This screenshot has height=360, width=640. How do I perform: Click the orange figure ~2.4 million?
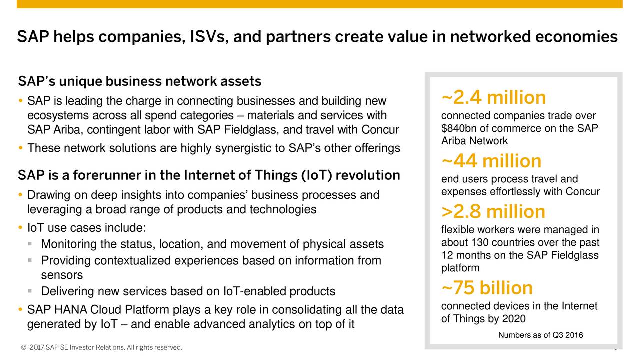[493, 97]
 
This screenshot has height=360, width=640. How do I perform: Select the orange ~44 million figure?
[491, 161]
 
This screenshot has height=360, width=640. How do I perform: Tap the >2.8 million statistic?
[493, 211]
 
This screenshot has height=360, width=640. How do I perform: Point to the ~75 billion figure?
[487, 287]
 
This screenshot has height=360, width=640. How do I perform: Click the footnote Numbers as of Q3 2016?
[541, 335]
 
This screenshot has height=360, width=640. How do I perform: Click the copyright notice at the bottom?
[101, 347]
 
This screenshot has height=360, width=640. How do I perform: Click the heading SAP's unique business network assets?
[139, 81]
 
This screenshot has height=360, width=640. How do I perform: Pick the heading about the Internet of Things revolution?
[209, 175]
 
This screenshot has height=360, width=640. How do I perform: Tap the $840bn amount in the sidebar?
[459, 128]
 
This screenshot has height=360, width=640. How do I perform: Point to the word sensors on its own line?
[62, 275]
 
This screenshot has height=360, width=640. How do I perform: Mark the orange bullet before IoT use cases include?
[20, 228]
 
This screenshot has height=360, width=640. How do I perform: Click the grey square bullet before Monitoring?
[30, 244]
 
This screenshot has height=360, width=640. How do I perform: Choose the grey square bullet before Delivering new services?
[30, 291]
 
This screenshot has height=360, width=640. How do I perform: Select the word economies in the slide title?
[576, 37]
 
